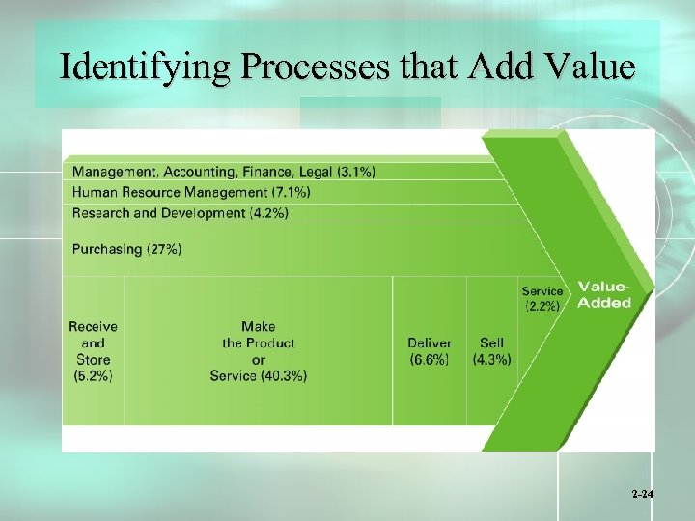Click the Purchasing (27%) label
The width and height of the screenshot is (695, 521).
pyautogui.click(x=126, y=249)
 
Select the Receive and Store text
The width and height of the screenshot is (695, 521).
pyautogui.click(x=93, y=343)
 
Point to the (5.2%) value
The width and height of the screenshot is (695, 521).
pyautogui.click(x=93, y=376)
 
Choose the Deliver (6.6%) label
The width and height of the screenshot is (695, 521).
pyautogui.click(x=429, y=351)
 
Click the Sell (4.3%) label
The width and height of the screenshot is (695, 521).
pyautogui.click(x=491, y=351)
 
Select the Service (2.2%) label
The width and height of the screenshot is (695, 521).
pyautogui.click(x=542, y=298)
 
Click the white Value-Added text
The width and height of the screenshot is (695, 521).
pyautogui.click(x=604, y=295)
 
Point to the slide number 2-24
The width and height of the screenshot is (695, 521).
pyautogui.click(x=643, y=493)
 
